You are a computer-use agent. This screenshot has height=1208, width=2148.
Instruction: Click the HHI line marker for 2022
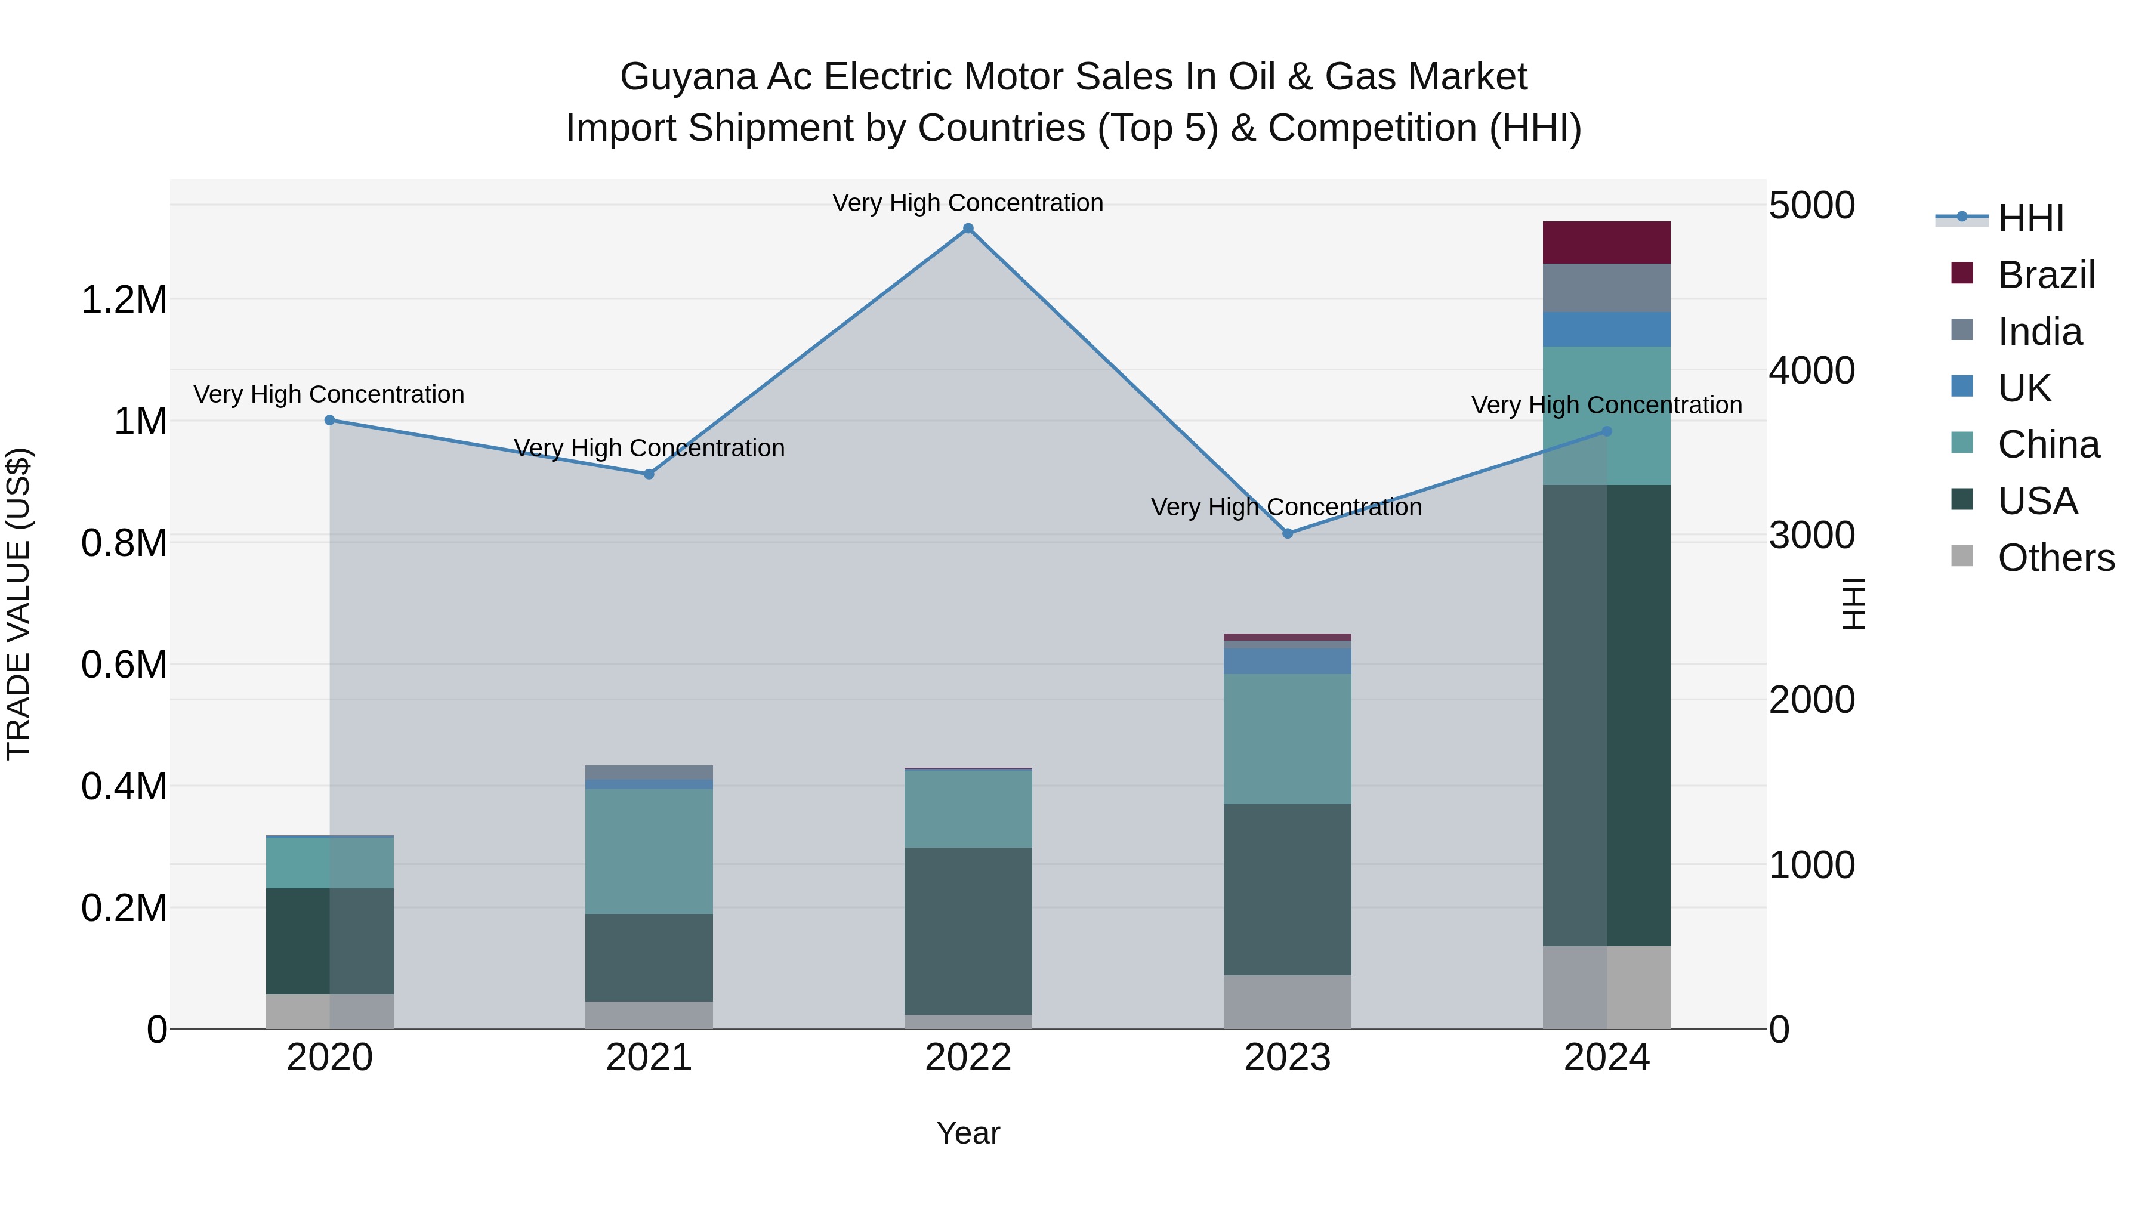(x=968, y=228)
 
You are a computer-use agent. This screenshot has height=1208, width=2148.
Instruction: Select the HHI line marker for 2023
(x=1288, y=533)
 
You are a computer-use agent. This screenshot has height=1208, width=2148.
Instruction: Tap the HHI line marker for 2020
(x=329, y=420)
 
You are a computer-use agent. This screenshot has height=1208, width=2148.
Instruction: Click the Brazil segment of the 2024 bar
(x=1606, y=243)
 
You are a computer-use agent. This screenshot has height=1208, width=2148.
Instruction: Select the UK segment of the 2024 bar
(x=1606, y=329)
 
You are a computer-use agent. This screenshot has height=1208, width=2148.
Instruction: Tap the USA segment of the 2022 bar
(x=968, y=931)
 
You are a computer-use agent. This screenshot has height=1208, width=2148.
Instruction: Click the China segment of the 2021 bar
(x=649, y=851)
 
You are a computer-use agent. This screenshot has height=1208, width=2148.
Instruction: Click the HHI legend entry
(x=2030, y=218)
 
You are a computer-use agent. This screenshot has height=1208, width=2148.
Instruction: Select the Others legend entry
(x=2056, y=558)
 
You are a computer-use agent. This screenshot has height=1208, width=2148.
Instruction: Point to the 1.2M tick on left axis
(x=124, y=300)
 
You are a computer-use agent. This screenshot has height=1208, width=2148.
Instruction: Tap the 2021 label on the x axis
(x=649, y=1058)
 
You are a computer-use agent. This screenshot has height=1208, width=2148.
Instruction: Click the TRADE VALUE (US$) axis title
(x=18, y=604)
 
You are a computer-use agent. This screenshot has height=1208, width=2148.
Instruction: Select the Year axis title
(x=968, y=1133)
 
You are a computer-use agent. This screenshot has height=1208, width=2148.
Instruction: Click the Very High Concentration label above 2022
(x=968, y=203)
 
